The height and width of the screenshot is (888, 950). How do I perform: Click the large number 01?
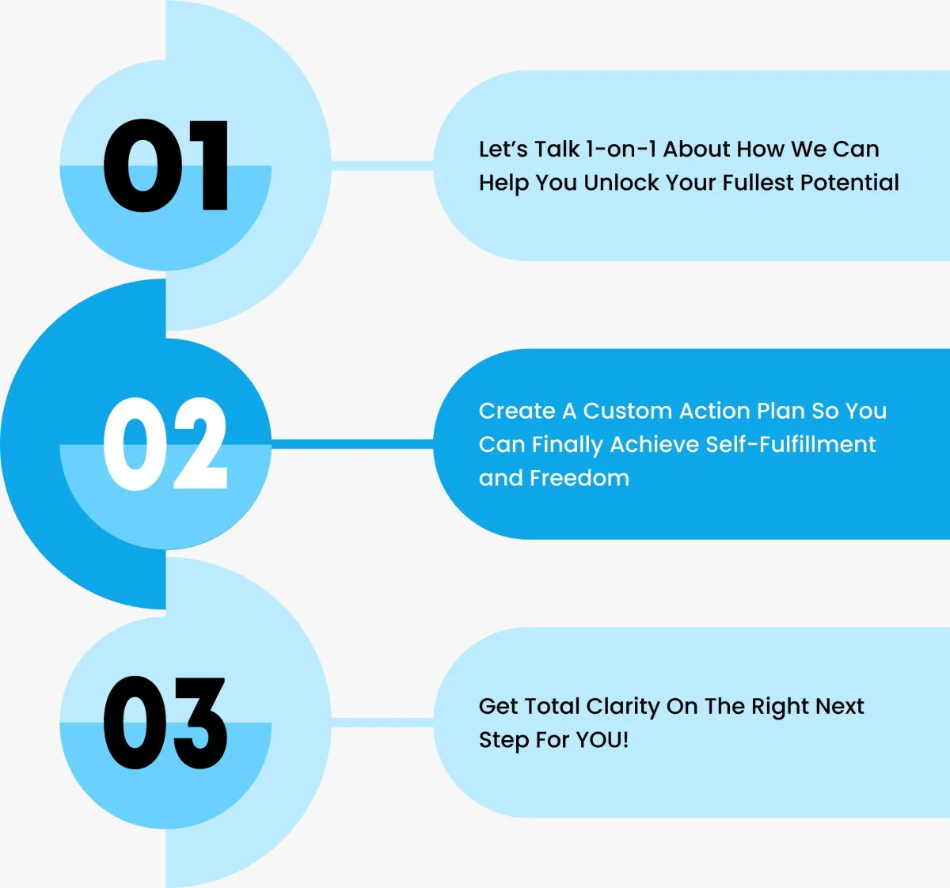point(165,165)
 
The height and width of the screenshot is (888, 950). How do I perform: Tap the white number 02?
point(165,443)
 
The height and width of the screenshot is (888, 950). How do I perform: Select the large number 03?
point(165,723)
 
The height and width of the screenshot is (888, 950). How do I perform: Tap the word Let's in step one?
point(503,150)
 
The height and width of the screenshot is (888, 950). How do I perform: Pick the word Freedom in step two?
point(579,478)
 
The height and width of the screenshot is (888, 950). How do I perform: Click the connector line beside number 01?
point(382,165)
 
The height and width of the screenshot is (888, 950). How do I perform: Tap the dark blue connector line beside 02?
point(352,444)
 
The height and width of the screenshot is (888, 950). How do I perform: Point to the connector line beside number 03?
point(382,723)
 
